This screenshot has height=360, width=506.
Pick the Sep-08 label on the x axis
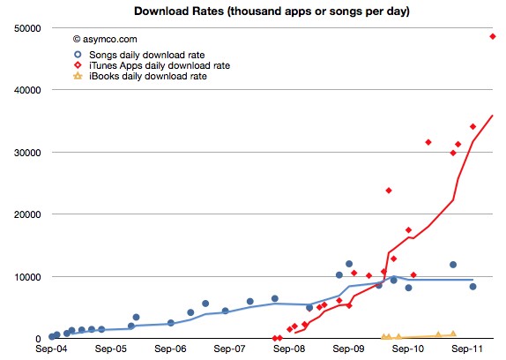[x=290, y=350]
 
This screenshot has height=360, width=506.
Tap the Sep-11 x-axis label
[x=468, y=350]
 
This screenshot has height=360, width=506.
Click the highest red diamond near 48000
[x=493, y=36]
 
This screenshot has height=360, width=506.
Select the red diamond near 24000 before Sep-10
[x=389, y=191]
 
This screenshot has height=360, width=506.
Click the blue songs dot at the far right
[x=473, y=287]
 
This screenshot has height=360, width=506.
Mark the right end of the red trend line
[x=492, y=116]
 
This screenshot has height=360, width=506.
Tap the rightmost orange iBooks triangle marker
[x=453, y=334]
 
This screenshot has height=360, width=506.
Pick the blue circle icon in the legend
[x=77, y=53]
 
